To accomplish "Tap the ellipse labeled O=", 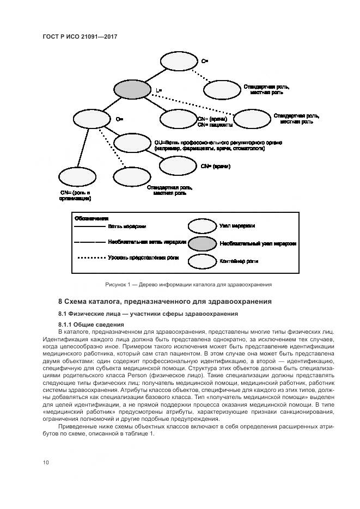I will (91, 119).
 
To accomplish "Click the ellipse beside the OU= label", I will (133, 144).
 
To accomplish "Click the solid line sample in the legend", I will (88, 226).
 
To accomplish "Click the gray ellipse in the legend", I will (202, 243).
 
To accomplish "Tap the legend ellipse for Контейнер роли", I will (202, 261).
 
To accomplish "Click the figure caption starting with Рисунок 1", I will (188, 284).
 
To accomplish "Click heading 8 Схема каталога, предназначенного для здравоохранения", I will (165, 302).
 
